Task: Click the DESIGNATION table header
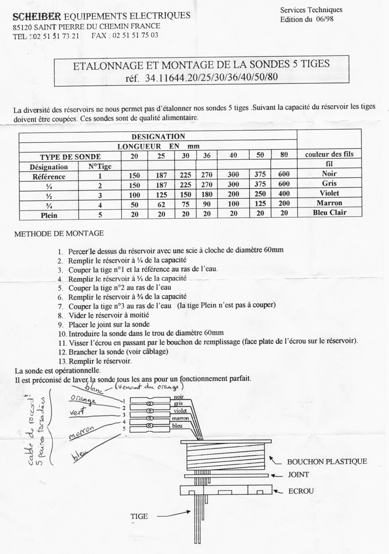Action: pos(158,136)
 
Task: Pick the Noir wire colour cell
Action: pos(329,174)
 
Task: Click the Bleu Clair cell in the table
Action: pos(329,213)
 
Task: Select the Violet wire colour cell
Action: pos(329,193)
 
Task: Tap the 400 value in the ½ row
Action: pos(284,194)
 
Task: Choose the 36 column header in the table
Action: pos(206,156)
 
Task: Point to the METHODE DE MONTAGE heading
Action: pos(59,233)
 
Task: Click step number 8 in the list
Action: pos(60,315)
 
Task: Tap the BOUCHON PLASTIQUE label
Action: pos(327,461)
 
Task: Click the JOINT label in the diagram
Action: pos(298,475)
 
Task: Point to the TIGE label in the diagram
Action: pos(139,516)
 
